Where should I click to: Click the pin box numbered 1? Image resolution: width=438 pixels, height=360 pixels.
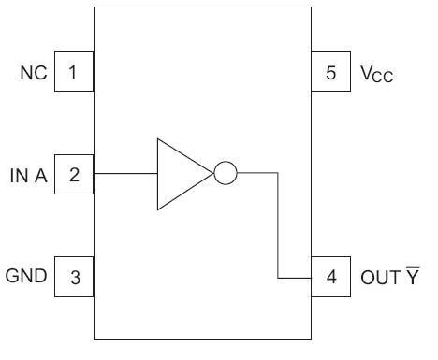point(74,72)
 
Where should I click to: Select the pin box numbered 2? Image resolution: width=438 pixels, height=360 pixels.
point(74,173)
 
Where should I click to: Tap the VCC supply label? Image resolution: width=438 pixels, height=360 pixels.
point(374,73)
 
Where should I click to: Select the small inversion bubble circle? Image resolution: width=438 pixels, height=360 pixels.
point(226,173)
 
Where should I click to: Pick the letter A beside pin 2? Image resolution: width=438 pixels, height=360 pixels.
point(43,174)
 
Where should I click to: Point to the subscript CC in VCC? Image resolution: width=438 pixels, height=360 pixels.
point(382,76)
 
